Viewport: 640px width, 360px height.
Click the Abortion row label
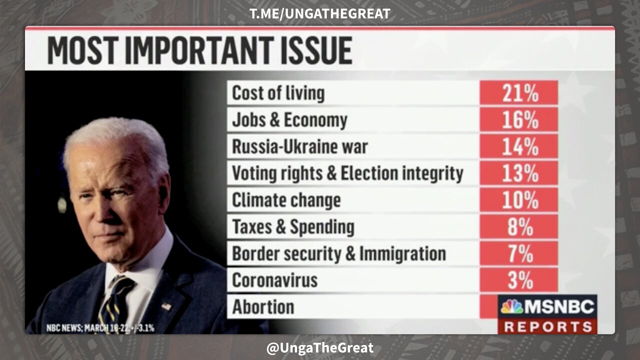[263, 306]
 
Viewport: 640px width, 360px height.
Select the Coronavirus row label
[274, 280]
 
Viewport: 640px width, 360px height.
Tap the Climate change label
[286, 200]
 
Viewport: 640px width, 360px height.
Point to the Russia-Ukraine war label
[299, 147]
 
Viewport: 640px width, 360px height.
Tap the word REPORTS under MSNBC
[547, 326]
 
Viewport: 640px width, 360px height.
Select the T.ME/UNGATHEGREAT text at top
[320, 13]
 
